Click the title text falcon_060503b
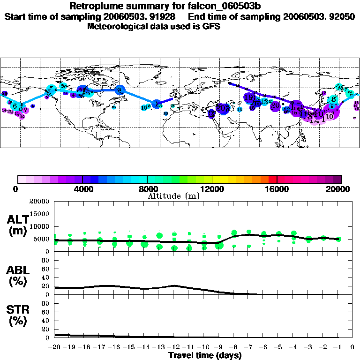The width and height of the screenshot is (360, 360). click(x=225, y=6)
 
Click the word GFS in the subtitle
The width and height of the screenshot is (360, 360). click(x=211, y=27)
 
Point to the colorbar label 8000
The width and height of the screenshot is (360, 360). click(x=147, y=189)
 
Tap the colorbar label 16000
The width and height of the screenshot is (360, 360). click(x=277, y=189)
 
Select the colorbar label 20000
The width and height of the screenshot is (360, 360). click(x=340, y=189)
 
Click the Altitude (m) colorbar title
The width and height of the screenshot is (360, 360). click(x=174, y=196)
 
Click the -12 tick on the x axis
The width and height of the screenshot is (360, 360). click(x=174, y=347)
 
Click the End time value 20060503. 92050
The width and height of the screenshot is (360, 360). click(x=319, y=16)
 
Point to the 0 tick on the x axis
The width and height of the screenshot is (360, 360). click(x=352, y=347)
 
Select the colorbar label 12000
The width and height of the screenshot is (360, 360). click(x=212, y=189)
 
